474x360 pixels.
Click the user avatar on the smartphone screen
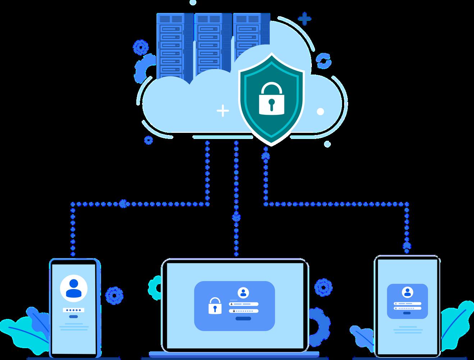click(73, 288)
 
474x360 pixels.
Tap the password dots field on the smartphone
click(73, 310)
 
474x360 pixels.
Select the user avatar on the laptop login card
click(243, 293)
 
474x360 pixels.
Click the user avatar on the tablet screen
click(407, 292)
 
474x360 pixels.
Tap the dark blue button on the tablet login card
click(407, 313)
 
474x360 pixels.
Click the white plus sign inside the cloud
click(223, 111)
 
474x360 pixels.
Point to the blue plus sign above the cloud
click(305, 19)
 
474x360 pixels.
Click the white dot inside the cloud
click(320, 112)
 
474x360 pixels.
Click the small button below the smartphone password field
click(73, 316)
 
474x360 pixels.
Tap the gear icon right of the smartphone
click(114, 295)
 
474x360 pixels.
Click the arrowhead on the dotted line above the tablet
click(407, 246)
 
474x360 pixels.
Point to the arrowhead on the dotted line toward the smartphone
click(124, 204)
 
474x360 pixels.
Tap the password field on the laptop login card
click(244, 310)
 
